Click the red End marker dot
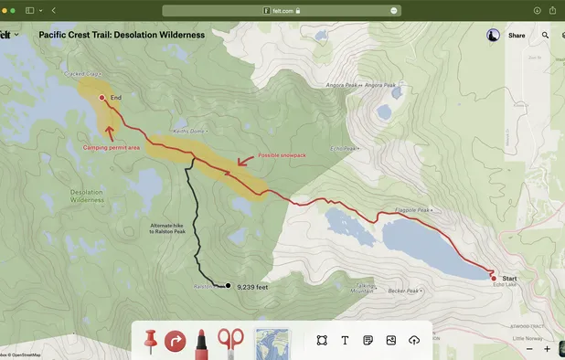101,97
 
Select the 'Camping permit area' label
112,146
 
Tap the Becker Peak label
403,291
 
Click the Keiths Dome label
189,130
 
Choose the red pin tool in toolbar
151,341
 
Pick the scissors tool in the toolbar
230,341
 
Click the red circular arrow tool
176,341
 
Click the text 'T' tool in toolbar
345,340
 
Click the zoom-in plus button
548,349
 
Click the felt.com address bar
281,10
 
